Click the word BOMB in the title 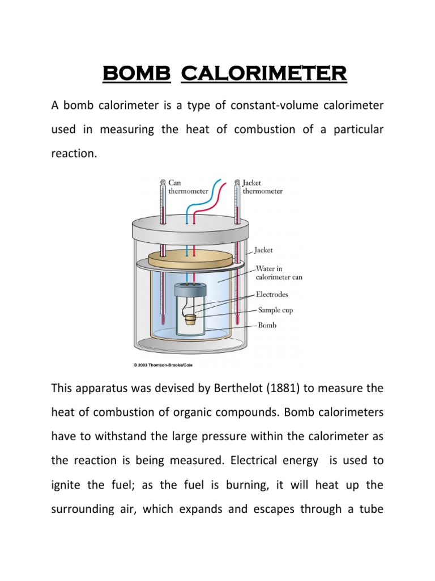tap(136, 74)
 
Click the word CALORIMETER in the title tap(263, 74)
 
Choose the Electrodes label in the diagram tap(272, 294)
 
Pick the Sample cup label tap(275, 310)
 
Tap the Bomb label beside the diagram tap(267, 326)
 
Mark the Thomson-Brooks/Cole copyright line tap(163, 365)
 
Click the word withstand tap(118, 437)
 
